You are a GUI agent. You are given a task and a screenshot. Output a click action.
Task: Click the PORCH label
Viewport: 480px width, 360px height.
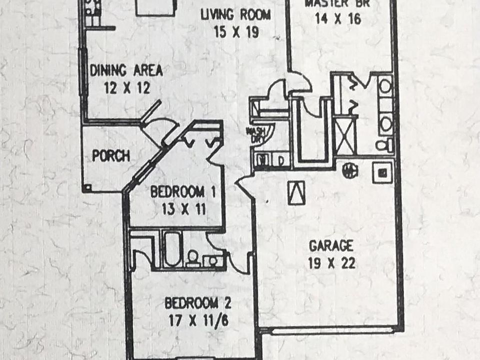pyautogui.click(x=110, y=156)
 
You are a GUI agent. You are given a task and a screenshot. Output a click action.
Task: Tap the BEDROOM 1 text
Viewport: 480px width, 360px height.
pyautogui.click(x=177, y=191)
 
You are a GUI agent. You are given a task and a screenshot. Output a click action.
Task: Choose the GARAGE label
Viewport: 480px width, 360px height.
pyautogui.click(x=331, y=245)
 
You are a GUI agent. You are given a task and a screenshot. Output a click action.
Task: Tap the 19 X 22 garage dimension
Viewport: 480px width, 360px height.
pyautogui.click(x=331, y=263)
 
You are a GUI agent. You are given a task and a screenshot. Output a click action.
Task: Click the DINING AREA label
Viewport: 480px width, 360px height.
pyautogui.click(x=126, y=70)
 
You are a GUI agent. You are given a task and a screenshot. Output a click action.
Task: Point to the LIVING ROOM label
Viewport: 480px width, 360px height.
pyautogui.click(x=235, y=14)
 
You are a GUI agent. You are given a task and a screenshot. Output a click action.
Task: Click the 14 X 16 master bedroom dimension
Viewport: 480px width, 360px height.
pyautogui.click(x=338, y=20)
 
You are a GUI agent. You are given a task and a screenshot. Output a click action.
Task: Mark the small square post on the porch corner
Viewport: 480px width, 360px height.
pyautogui.click(x=88, y=187)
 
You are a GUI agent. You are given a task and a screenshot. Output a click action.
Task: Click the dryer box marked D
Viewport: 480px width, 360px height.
pyautogui.click(x=280, y=161)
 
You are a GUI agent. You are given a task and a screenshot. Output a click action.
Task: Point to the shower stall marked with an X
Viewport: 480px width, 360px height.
pyautogui.click(x=345, y=135)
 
